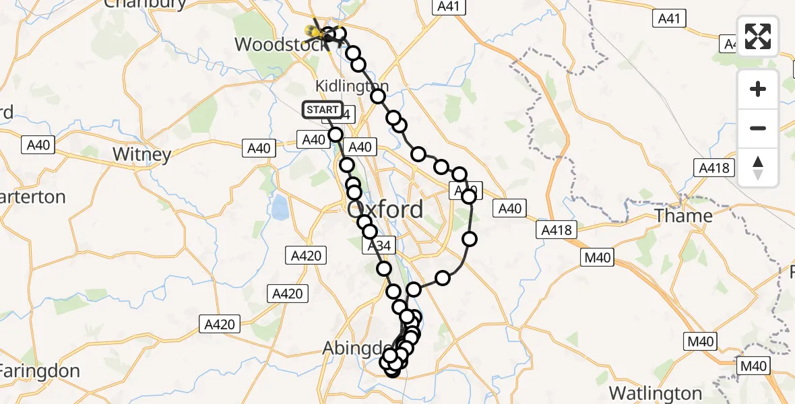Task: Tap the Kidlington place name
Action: click(x=352, y=86)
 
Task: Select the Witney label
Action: click(x=141, y=154)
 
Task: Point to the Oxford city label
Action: click(x=385, y=209)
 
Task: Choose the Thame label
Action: click(x=684, y=215)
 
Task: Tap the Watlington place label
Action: click(x=655, y=393)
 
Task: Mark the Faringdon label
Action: click(x=40, y=370)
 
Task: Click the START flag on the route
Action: click(x=323, y=110)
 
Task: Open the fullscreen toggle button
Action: click(x=758, y=36)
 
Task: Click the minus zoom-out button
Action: click(x=758, y=128)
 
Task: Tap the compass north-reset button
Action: click(x=758, y=167)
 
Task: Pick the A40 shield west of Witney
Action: click(x=40, y=144)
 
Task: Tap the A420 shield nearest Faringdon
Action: click(x=220, y=325)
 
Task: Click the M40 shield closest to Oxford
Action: click(x=597, y=257)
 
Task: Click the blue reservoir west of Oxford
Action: click(x=280, y=206)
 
